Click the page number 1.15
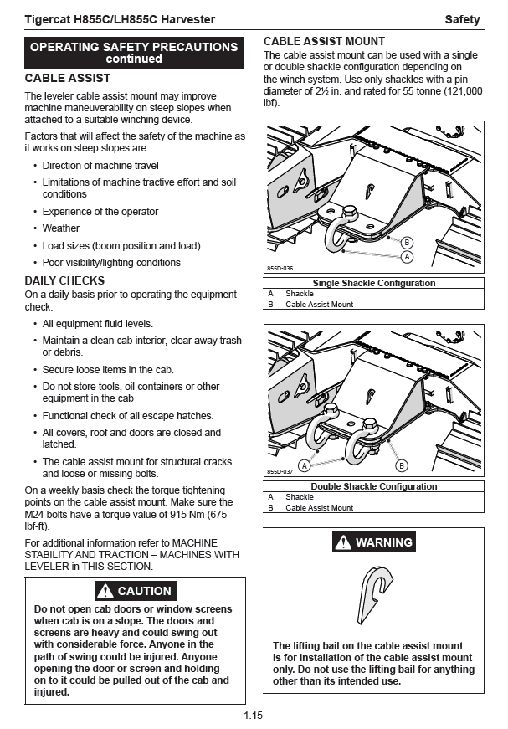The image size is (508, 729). click(254, 715)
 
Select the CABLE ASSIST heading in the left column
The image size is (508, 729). click(68, 78)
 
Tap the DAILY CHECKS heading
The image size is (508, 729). click(64, 280)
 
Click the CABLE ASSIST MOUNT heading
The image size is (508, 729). click(324, 41)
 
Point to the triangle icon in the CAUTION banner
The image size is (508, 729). click(105, 591)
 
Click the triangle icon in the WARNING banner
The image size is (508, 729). click(343, 542)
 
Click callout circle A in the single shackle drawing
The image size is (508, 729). click(408, 256)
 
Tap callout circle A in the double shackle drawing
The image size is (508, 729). click(305, 465)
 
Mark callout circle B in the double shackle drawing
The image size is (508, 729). click(402, 465)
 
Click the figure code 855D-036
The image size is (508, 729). click(280, 268)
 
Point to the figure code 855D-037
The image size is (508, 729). click(280, 472)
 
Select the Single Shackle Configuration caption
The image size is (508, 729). click(374, 283)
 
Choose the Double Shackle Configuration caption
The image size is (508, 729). click(374, 486)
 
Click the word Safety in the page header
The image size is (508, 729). click(462, 19)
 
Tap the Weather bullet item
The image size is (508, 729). click(61, 228)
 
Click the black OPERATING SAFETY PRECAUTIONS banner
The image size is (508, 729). click(134, 53)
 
